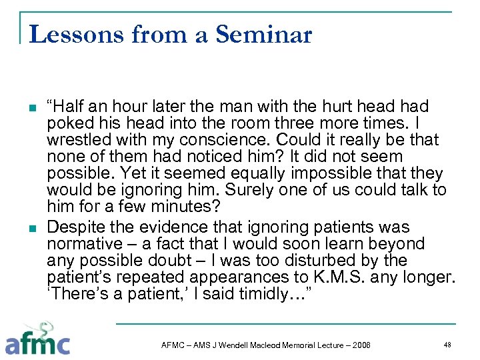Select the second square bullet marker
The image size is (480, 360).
pos(31,227)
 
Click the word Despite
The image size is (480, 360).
pos(75,227)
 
